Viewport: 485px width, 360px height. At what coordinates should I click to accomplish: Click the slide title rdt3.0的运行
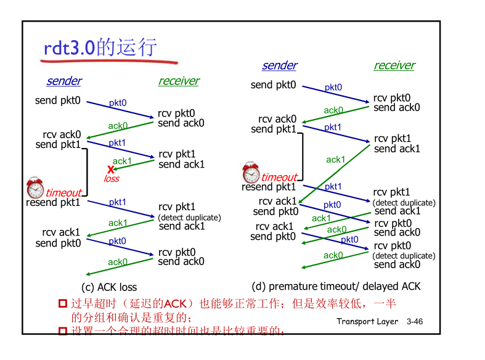tap(100, 47)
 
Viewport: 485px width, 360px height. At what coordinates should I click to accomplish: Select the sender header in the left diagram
tap(63, 81)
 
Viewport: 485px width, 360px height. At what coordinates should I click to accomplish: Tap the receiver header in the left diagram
tap(179, 81)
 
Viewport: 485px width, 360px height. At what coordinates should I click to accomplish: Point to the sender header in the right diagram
tap(279, 65)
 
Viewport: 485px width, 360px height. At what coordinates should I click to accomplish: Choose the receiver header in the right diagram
tap(394, 65)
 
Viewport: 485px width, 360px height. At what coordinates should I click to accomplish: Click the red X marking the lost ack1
tap(111, 170)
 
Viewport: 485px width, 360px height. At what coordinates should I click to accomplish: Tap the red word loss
tap(112, 179)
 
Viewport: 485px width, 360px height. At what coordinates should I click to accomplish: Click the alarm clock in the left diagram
tap(35, 187)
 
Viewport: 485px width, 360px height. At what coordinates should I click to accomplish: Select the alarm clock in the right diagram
tap(251, 172)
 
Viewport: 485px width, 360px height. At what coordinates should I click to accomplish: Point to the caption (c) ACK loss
tap(109, 287)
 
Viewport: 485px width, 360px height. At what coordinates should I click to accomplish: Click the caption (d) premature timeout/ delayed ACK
tap(336, 286)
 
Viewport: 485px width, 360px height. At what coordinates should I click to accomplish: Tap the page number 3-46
tap(415, 322)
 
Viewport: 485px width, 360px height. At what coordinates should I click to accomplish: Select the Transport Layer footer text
tap(367, 322)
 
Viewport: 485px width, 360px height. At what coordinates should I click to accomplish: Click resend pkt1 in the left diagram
tap(53, 202)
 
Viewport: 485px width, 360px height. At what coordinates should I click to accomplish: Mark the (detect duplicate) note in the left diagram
tap(189, 218)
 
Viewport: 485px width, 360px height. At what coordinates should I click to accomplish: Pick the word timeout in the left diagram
tap(63, 192)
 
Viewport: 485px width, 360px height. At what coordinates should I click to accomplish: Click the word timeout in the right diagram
tap(279, 178)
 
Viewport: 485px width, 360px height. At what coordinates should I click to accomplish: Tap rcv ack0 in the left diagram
tap(62, 134)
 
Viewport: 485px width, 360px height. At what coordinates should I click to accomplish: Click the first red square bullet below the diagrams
tap(62, 303)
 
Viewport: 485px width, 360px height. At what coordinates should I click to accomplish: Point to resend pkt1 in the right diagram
tap(269, 187)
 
